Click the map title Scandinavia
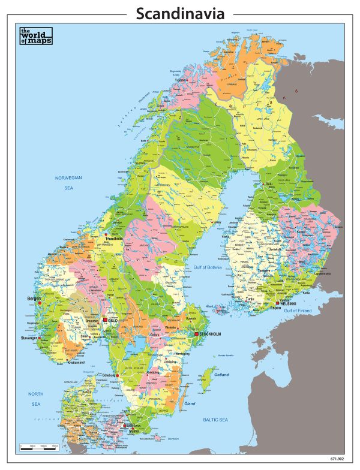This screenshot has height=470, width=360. tap(179, 13)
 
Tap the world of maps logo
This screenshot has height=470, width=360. tap(35, 37)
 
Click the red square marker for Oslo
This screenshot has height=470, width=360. tap(106, 320)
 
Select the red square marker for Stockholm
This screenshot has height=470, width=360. tap(196, 333)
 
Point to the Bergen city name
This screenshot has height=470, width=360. tap(33, 298)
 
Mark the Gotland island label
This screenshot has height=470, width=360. tap(221, 375)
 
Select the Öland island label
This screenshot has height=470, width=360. tap(190, 403)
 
